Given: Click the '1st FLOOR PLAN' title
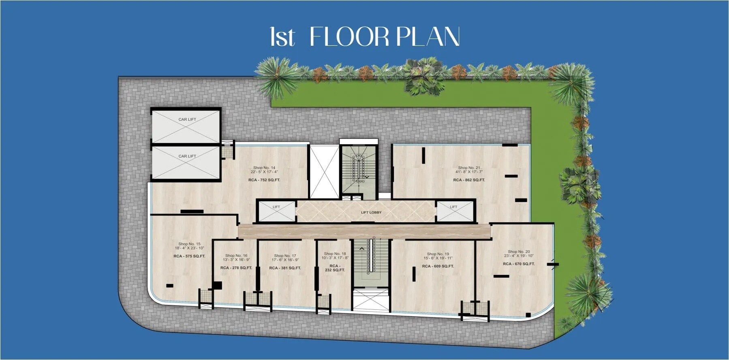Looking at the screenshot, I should click(365, 37).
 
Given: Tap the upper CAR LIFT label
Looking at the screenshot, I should click(187, 119).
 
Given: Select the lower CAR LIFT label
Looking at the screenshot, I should click(187, 156).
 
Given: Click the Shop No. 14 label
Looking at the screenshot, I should click(264, 168).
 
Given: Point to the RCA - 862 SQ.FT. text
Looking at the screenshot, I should click(469, 180).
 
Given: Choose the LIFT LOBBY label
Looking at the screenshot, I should click(371, 212).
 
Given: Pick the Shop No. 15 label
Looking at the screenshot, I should click(189, 244).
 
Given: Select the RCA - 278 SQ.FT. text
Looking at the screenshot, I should click(236, 268).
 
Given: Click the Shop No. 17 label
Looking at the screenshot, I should click(285, 256).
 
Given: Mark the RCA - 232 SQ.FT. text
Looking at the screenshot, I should click(335, 268).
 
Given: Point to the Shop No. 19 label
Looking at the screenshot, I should click(438, 254).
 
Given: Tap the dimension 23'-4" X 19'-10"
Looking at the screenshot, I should click(519, 256).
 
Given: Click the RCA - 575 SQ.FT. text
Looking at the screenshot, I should click(189, 256).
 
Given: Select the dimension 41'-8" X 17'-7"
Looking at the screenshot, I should click(469, 172).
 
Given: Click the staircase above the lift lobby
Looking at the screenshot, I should click(359, 168).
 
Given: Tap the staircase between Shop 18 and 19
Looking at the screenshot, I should click(370, 259).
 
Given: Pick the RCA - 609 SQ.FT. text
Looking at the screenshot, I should click(438, 266).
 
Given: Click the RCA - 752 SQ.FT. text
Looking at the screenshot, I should click(264, 180).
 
